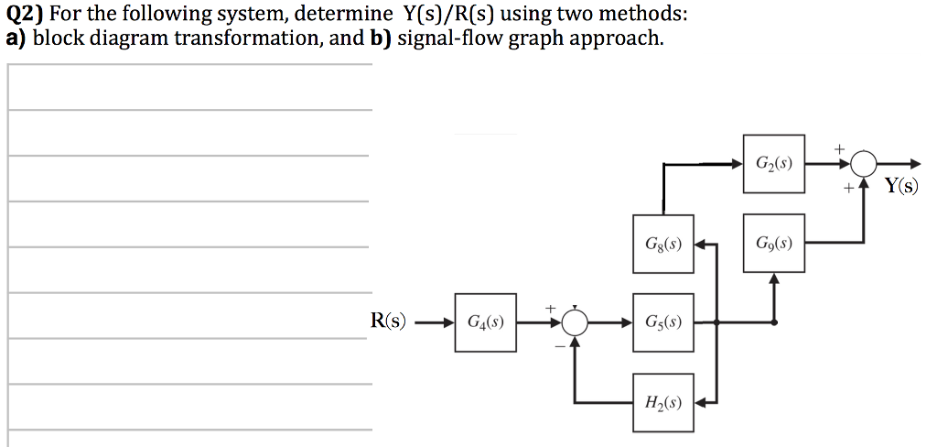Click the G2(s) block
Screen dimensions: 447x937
tap(774, 166)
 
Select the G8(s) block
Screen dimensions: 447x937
tap(662, 245)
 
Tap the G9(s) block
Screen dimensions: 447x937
tap(774, 245)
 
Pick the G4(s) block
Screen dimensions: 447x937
tap(485, 322)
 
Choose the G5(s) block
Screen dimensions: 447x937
tap(662, 322)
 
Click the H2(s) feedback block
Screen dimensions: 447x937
tap(662, 400)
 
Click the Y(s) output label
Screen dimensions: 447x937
tap(900, 187)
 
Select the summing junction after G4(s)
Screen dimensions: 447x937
tap(575, 322)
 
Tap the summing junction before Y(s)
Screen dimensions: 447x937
tap(863, 165)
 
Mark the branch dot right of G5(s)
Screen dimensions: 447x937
tap(716, 322)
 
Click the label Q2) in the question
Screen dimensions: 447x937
tap(25, 15)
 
